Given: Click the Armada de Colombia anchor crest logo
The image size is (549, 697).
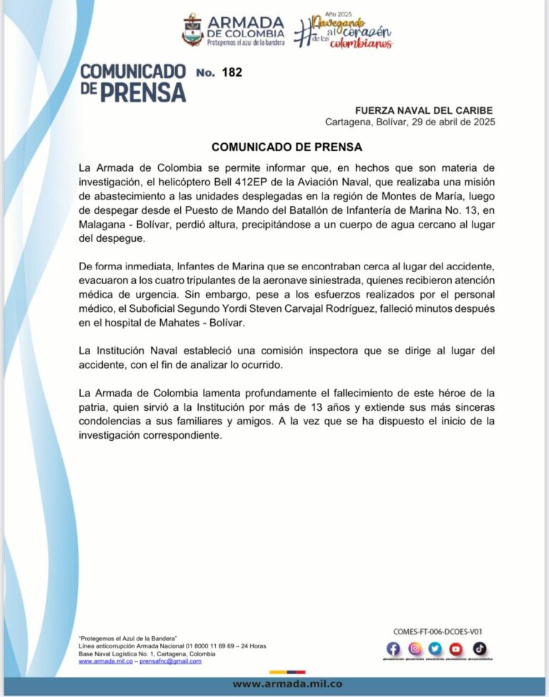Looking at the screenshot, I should click(193, 30).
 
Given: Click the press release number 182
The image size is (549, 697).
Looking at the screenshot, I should click(232, 72).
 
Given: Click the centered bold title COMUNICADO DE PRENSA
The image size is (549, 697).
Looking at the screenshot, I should click(287, 147).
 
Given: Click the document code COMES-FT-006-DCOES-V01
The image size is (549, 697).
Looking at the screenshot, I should click(438, 632).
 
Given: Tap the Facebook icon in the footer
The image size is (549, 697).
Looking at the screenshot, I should click(393, 649).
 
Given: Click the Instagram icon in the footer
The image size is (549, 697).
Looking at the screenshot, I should click(415, 649).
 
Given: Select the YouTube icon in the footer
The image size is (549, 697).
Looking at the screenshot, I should click(456, 649).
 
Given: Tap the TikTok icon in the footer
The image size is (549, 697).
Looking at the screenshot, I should click(479, 649).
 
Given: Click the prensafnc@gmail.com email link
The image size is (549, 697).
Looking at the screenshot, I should click(170, 661).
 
